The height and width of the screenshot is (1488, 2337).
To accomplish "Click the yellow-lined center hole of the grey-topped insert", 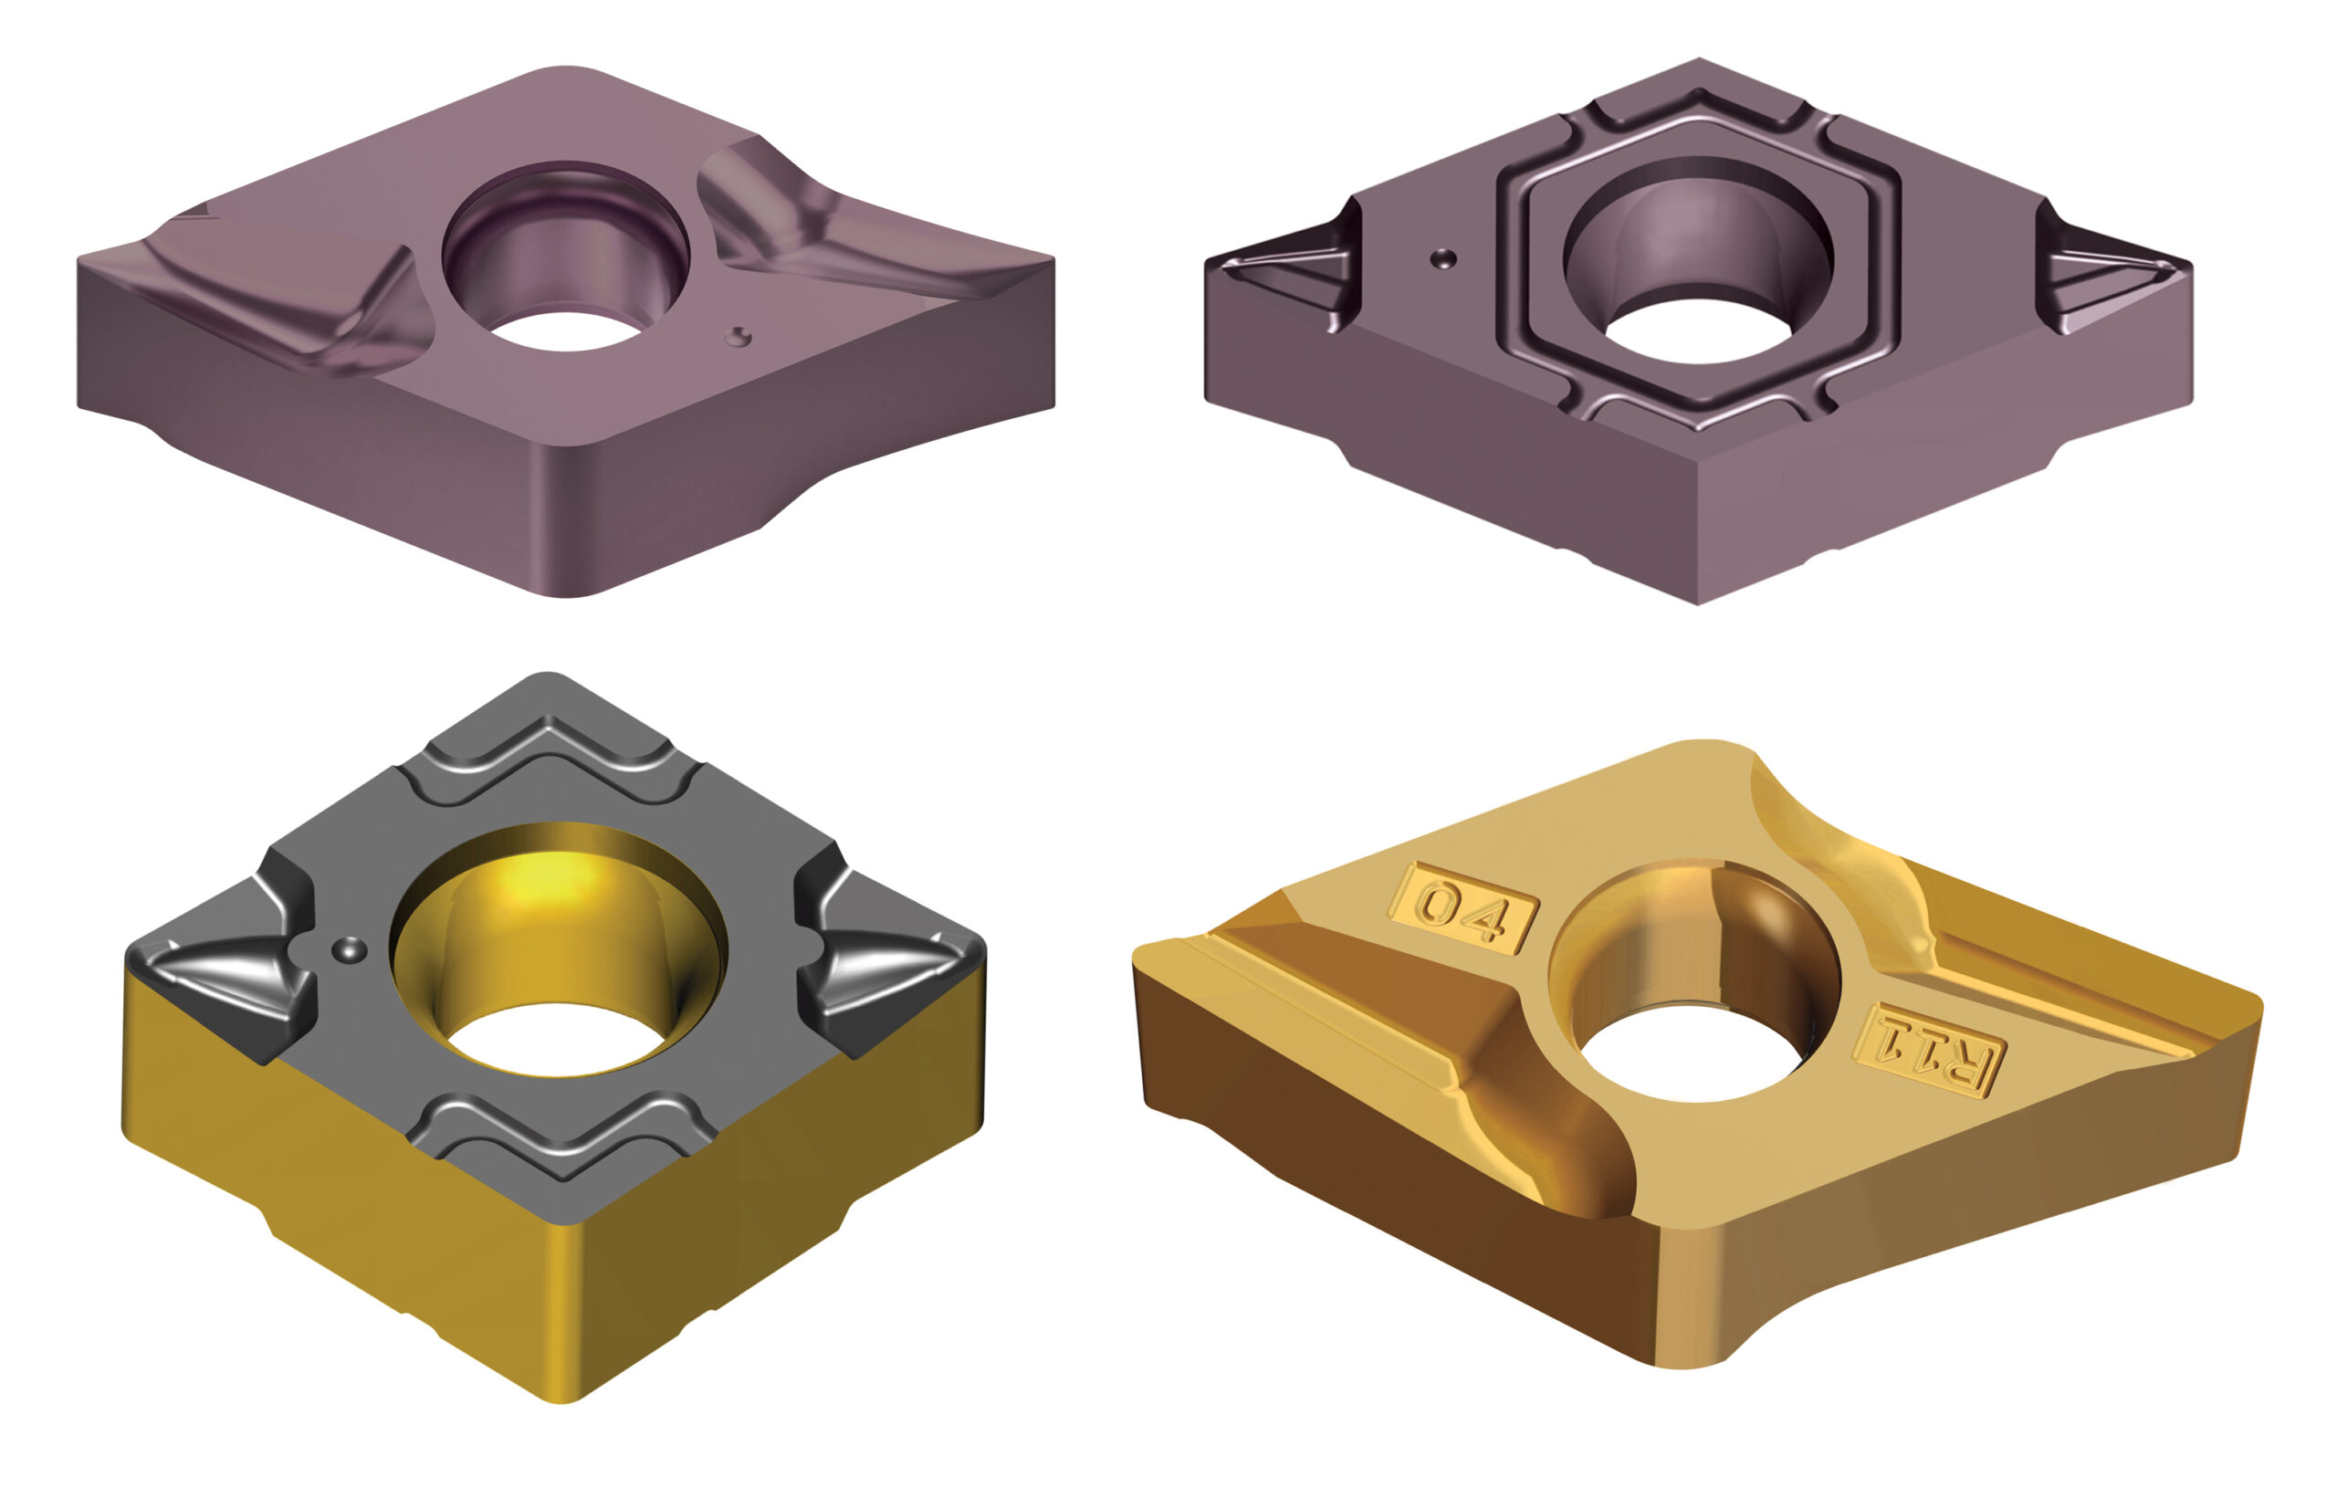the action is tap(558, 952).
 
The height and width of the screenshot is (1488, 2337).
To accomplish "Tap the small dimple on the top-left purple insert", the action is tap(739, 335).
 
